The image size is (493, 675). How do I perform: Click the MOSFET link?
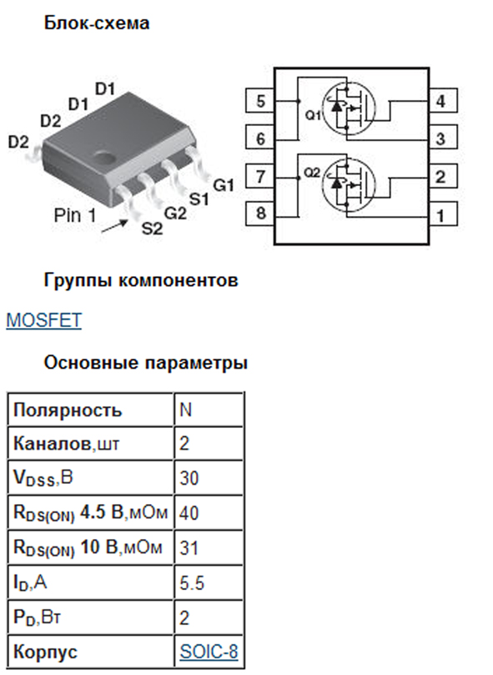[43, 320]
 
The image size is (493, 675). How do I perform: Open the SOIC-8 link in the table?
[209, 652]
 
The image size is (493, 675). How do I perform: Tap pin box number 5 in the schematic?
[259, 101]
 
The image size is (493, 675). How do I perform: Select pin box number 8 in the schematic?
[259, 214]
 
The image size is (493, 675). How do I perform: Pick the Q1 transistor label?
[313, 115]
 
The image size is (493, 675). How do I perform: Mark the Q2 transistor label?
[312, 173]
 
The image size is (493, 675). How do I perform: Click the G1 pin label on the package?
[224, 185]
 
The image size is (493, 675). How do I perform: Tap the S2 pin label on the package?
[153, 228]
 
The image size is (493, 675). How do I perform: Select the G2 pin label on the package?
[176, 213]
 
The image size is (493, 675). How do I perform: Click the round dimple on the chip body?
[104, 157]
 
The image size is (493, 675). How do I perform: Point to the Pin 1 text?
[75, 214]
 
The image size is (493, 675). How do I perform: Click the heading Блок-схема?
[97, 23]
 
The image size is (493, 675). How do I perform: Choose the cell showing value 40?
[209, 512]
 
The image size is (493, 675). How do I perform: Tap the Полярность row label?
[68, 411]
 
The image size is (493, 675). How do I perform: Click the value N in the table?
[185, 410]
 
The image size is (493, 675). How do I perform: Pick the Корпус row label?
[45, 652]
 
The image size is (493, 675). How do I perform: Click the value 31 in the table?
[189, 547]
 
